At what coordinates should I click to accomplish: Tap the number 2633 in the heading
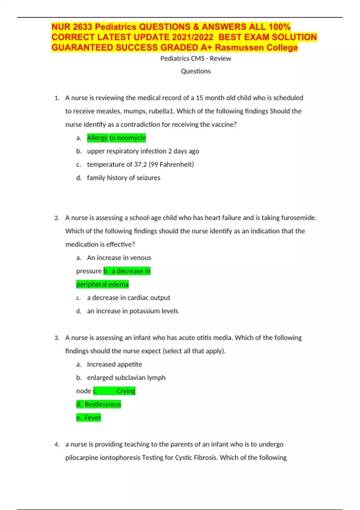pos(82,27)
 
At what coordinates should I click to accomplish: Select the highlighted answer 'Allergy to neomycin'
pos(116,138)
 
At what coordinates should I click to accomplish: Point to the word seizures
pos(148,178)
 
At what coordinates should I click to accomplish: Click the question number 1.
pos(57,98)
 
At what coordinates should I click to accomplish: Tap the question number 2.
pos(57,218)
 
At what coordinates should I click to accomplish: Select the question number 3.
pos(57,338)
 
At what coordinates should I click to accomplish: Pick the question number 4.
pos(57,444)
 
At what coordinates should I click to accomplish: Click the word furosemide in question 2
pos(298,218)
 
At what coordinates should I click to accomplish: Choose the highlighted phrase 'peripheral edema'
pos(102,284)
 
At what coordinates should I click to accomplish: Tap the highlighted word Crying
pos(126,391)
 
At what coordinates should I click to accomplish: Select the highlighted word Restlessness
pos(103,404)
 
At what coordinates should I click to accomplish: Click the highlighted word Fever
pos(93,418)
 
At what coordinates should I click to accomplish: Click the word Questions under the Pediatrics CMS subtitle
pos(196,71)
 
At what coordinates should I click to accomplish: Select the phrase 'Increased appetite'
pos(115,364)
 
